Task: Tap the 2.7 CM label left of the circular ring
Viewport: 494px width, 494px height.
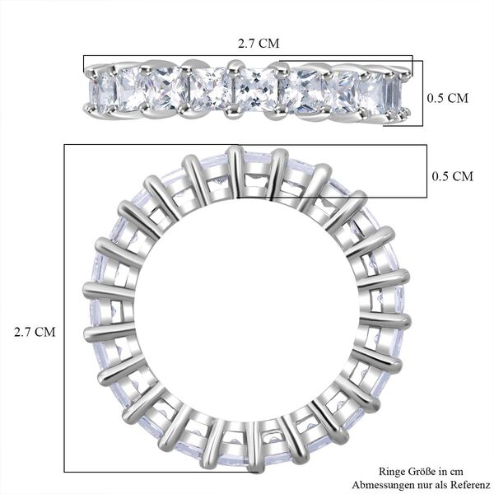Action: [35, 332]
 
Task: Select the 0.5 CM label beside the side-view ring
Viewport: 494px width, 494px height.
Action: [448, 98]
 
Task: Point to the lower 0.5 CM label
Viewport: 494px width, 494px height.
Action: [452, 176]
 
